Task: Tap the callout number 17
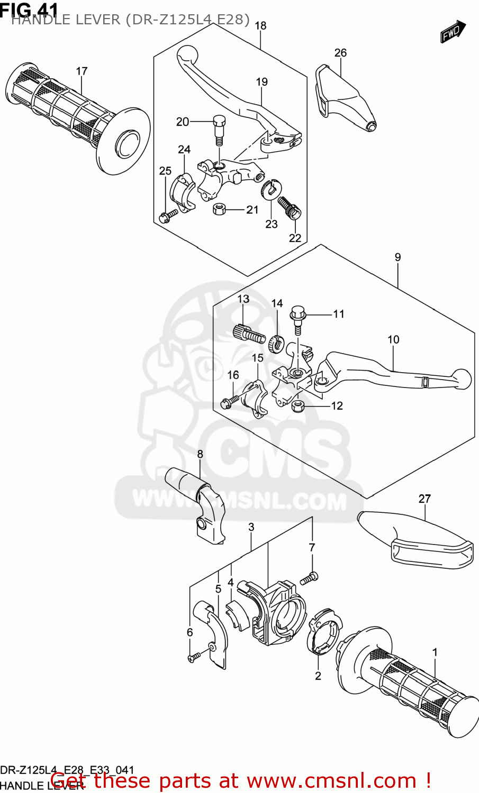click(x=82, y=71)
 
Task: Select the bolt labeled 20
click(x=219, y=128)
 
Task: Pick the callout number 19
click(x=262, y=82)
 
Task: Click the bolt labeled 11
click(x=297, y=319)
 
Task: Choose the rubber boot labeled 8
click(x=198, y=502)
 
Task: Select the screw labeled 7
click(x=309, y=579)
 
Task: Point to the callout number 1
click(x=435, y=652)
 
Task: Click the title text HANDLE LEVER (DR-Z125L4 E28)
click(x=130, y=20)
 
